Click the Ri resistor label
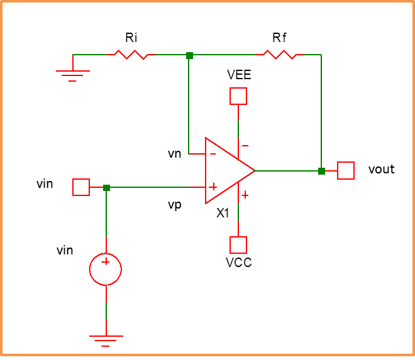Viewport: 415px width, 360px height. click(x=131, y=38)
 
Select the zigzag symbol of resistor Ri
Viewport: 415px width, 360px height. click(x=131, y=55)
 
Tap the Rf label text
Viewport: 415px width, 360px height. click(x=279, y=38)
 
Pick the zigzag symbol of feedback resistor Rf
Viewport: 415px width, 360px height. click(x=280, y=55)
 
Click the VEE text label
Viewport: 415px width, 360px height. click(x=239, y=75)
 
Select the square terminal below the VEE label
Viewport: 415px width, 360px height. click(x=238, y=96)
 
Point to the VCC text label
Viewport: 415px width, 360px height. click(x=239, y=263)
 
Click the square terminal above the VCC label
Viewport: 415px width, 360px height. click(x=238, y=244)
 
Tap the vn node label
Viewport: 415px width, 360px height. click(x=175, y=153)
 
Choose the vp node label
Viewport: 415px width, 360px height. click(x=175, y=205)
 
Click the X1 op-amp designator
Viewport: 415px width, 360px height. click(x=223, y=213)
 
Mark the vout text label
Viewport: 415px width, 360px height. click(x=381, y=169)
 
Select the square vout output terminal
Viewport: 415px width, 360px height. click(x=346, y=170)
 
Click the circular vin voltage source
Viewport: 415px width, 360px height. click(x=106, y=269)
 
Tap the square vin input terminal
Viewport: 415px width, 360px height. click(x=81, y=187)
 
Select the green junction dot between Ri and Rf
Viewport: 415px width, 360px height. click(x=189, y=55)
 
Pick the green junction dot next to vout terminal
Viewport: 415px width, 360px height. click(x=321, y=171)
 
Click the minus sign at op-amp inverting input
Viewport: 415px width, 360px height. click(x=213, y=154)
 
